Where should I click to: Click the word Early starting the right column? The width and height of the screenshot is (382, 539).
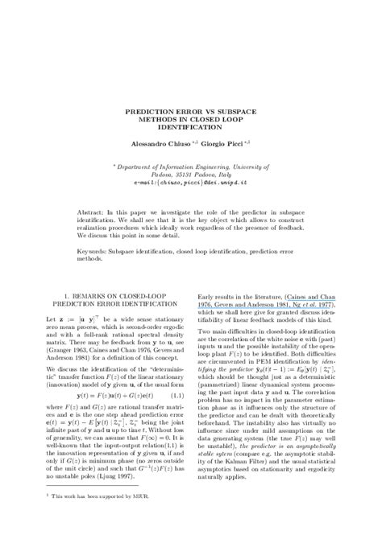207,297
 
